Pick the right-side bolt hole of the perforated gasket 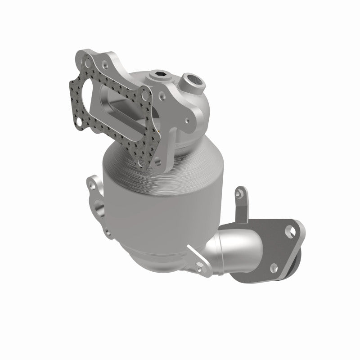point(144,96)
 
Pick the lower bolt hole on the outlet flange point(273,268)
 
